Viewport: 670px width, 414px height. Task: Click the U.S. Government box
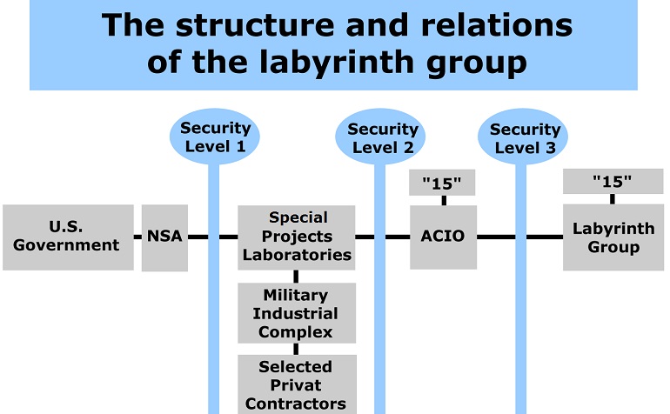[x=68, y=237]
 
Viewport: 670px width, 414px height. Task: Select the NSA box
[x=164, y=237]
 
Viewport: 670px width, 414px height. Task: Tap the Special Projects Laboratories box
[x=296, y=237]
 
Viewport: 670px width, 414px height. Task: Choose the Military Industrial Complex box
[x=297, y=313]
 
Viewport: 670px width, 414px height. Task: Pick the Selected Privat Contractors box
[x=297, y=384]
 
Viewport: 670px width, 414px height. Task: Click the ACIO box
[x=443, y=237]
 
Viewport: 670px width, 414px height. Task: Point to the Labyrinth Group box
[x=613, y=237]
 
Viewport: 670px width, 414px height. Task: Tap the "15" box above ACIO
[x=442, y=183]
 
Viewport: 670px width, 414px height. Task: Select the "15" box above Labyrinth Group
[x=613, y=181]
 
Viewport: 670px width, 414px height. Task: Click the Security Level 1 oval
[x=215, y=137]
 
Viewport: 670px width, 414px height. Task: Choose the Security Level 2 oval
[x=380, y=137]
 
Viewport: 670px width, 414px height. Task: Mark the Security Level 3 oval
[x=523, y=137]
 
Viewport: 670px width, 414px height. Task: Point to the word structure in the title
[x=255, y=25]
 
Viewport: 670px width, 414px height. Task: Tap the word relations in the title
[x=497, y=24]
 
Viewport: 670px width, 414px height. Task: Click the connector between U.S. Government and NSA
[x=137, y=237]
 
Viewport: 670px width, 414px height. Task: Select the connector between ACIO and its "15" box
[x=444, y=200]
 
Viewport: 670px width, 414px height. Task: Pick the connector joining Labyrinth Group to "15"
[x=613, y=199]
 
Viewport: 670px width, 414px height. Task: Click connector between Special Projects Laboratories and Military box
[x=296, y=277]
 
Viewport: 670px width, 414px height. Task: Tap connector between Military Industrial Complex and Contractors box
[x=296, y=349]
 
